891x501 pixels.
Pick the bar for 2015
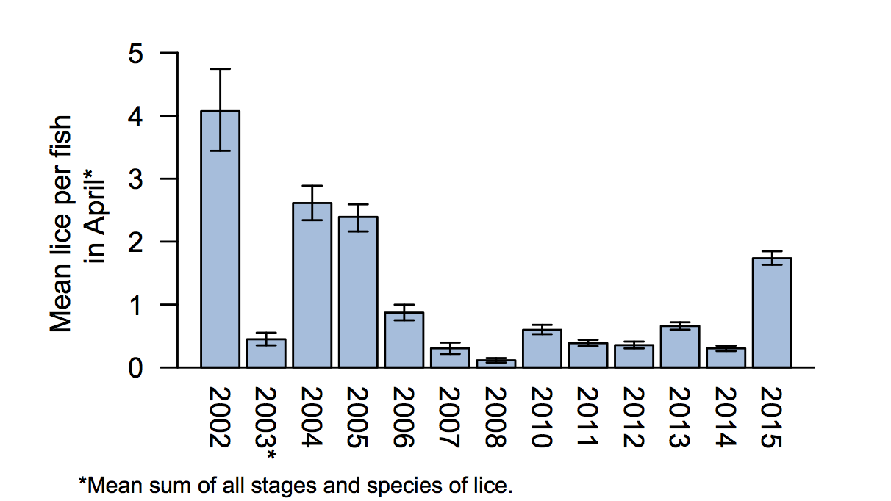tap(772, 312)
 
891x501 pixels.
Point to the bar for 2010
tap(543, 348)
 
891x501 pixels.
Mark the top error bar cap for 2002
tap(220, 69)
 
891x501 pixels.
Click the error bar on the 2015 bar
tap(772, 258)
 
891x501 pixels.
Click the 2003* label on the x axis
tap(266, 422)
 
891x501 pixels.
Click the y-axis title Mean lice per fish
tap(62, 224)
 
